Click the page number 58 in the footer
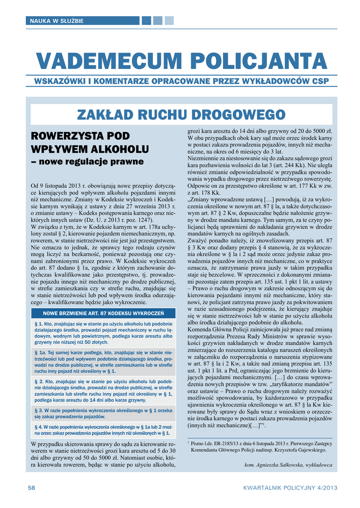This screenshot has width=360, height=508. pos(31,488)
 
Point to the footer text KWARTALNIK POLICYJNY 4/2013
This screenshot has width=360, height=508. pos(290,488)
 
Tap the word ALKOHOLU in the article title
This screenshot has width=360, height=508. pos(118,149)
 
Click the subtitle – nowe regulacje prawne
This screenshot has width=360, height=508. pos(87,162)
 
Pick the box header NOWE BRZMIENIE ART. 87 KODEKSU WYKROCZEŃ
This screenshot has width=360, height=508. pos(103,313)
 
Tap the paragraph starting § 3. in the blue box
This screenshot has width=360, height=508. pos(103,414)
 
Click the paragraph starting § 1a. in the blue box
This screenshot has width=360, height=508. pos(103,361)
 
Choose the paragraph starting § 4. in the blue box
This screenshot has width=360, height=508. pos(103,430)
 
